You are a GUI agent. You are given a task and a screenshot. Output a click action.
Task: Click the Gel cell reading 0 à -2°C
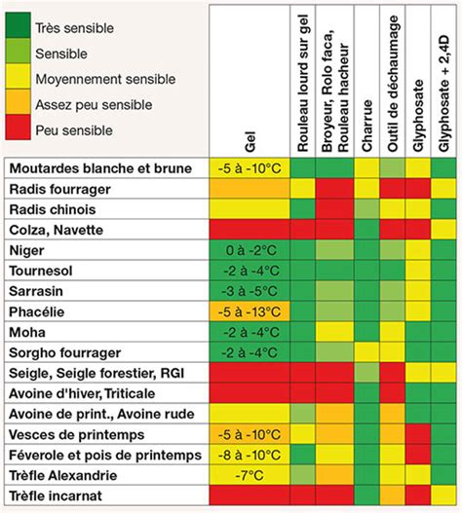(250, 249)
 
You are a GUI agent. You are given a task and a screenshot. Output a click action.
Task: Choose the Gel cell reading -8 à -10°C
(250, 455)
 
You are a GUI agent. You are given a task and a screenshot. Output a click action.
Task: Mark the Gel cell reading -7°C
(250, 475)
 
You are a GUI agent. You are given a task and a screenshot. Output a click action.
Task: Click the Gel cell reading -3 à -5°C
(250, 290)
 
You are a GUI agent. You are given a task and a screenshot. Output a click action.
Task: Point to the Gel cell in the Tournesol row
(250, 270)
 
